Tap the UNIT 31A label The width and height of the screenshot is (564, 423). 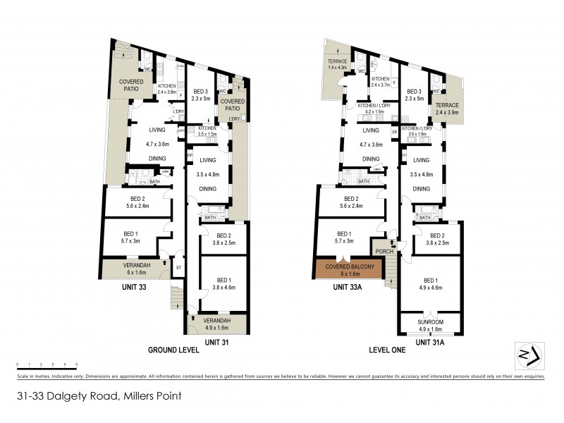click(x=431, y=342)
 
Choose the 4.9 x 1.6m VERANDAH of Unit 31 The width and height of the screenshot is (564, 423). click(x=219, y=327)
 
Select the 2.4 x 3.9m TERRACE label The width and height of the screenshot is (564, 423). click(x=446, y=112)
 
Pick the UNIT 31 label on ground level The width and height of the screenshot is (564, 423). click(x=216, y=342)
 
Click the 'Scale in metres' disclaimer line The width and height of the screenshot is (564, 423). click(x=282, y=376)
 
